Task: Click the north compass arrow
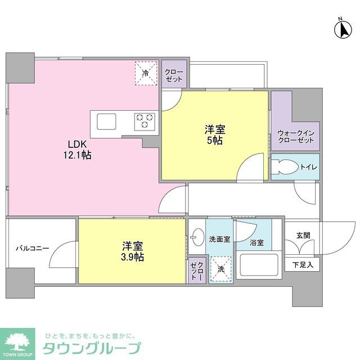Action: [341, 29]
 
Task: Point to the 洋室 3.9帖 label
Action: [133, 251]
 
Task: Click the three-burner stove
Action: [143, 121]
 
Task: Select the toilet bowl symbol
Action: [283, 167]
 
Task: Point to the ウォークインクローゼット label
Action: [296, 136]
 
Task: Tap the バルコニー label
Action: [32, 247]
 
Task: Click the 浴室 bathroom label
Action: [257, 243]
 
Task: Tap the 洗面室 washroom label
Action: [220, 238]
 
